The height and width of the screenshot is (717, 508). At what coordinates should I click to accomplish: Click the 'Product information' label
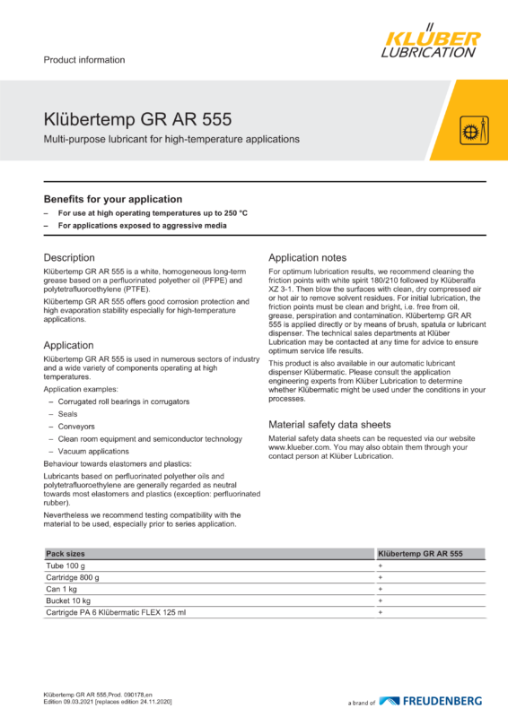pyautogui.click(x=84, y=60)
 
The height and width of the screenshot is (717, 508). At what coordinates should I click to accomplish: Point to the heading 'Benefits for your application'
pyautogui.click(x=113, y=199)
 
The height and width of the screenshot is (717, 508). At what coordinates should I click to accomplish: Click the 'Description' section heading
pyautogui.click(x=69, y=257)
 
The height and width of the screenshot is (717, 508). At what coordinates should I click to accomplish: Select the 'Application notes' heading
pyautogui.click(x=308, y=257)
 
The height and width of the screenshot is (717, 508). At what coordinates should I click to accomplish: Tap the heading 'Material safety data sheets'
pyautogui.click(x=329, y=424)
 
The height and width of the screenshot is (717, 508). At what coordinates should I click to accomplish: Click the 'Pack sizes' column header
pyautogui.click(x=66, y=556)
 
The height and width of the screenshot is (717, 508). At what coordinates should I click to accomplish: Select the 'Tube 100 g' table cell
pyautogui.click(x=66, y=567)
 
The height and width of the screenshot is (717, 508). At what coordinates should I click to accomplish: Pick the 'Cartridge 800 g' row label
pyautogui.click(x=73, y=578)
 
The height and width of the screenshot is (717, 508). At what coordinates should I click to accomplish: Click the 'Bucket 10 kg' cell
pyautogui.click(x=69, y=600)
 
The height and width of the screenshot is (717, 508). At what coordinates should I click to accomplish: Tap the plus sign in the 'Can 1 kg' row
pyautogui.click(x=381, y=590)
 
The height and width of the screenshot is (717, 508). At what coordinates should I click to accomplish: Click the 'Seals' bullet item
pyautogui.click(x=68, y=415)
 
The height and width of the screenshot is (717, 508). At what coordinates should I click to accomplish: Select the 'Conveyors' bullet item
pyautogui.click(x=76, y=427)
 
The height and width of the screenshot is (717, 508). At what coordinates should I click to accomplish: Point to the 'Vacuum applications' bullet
pyautogui.click(x=93, y=451)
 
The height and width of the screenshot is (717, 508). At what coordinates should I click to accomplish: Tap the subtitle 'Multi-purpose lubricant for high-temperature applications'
pyautogui.click(x=171, y=140)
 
